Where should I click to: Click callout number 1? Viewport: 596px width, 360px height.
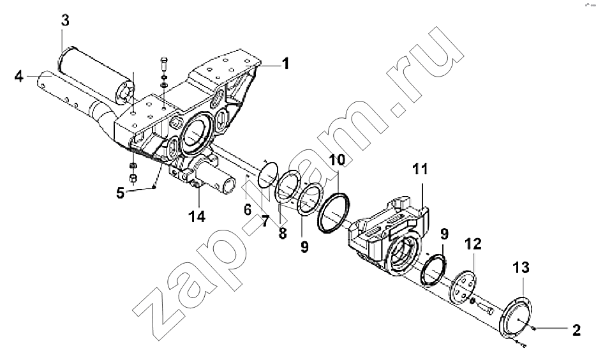pyautogui.click(x=285, y=63)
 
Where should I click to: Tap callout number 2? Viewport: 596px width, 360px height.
pyautogui.click(x=576, y=330)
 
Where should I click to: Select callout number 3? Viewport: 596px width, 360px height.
pyautogui.click(x=65, y=20)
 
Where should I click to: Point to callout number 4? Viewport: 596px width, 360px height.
pyautogui.click(x=19, y=77)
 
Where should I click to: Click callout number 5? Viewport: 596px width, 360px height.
pyautogui.click(x=120, y=193)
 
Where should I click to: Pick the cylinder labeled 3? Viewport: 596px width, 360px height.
pyautogui.click(x=95, y=76)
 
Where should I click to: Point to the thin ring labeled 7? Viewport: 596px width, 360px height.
pyautogui.click(x=268, y=174)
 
